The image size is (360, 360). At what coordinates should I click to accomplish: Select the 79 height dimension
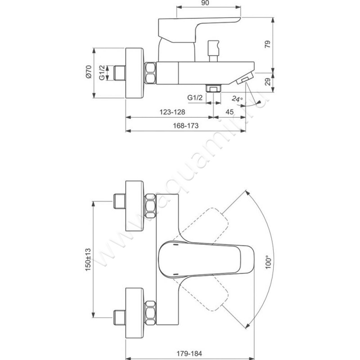(x=268, y=44)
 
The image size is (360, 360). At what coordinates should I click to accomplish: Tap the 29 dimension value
(x=268, y=82)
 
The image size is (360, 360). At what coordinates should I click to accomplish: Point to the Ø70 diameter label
(x=89, y=72)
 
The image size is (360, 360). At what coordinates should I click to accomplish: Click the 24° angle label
(x=237, y=99)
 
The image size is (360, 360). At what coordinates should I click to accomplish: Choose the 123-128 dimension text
(x=172, y=112)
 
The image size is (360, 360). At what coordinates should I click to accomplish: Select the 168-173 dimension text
(x=185, y=126)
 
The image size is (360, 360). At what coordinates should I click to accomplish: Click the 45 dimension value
(x=229, y=112)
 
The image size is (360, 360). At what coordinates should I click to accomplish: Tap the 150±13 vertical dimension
(x=88, y=260)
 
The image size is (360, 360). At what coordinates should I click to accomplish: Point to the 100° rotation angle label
(x=268, y=262)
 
